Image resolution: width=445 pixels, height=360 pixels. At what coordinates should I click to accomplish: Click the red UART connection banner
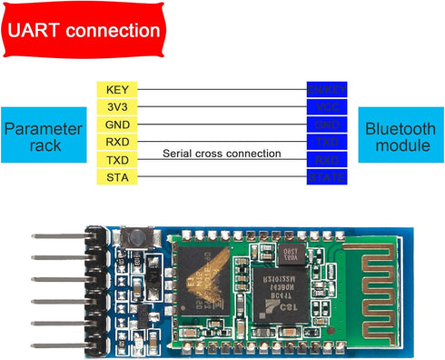tap(84, 30)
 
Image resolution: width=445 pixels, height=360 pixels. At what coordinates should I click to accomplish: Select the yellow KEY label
tap(117, 90)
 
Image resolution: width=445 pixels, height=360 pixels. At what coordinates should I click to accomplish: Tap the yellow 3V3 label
tap(117, 107)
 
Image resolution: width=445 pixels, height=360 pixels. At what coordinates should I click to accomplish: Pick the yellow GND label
tap(117, 125)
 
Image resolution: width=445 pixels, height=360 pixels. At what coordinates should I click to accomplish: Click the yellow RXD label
tap(117, 142)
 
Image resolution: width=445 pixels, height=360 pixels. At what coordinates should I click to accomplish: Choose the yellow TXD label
tap(117, 159)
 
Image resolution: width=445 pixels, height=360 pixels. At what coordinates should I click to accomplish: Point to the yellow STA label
tap(117, 176)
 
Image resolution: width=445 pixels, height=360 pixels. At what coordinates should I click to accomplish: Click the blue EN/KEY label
tap(327, 90)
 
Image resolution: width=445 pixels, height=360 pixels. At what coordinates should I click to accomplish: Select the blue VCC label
tap(327, 107)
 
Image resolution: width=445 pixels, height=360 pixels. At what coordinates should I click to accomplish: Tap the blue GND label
tap(327, 125)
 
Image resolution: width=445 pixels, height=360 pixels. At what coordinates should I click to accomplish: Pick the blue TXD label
tap(327, 142)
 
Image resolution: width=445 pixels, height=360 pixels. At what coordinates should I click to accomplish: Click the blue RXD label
tap(327, 159)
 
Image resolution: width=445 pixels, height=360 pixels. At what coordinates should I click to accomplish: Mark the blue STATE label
tap(327, 176)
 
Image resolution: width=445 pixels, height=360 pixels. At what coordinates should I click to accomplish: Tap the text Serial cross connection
tap(222, 154)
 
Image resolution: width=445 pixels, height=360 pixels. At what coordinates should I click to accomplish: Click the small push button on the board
tap(136, 235)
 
